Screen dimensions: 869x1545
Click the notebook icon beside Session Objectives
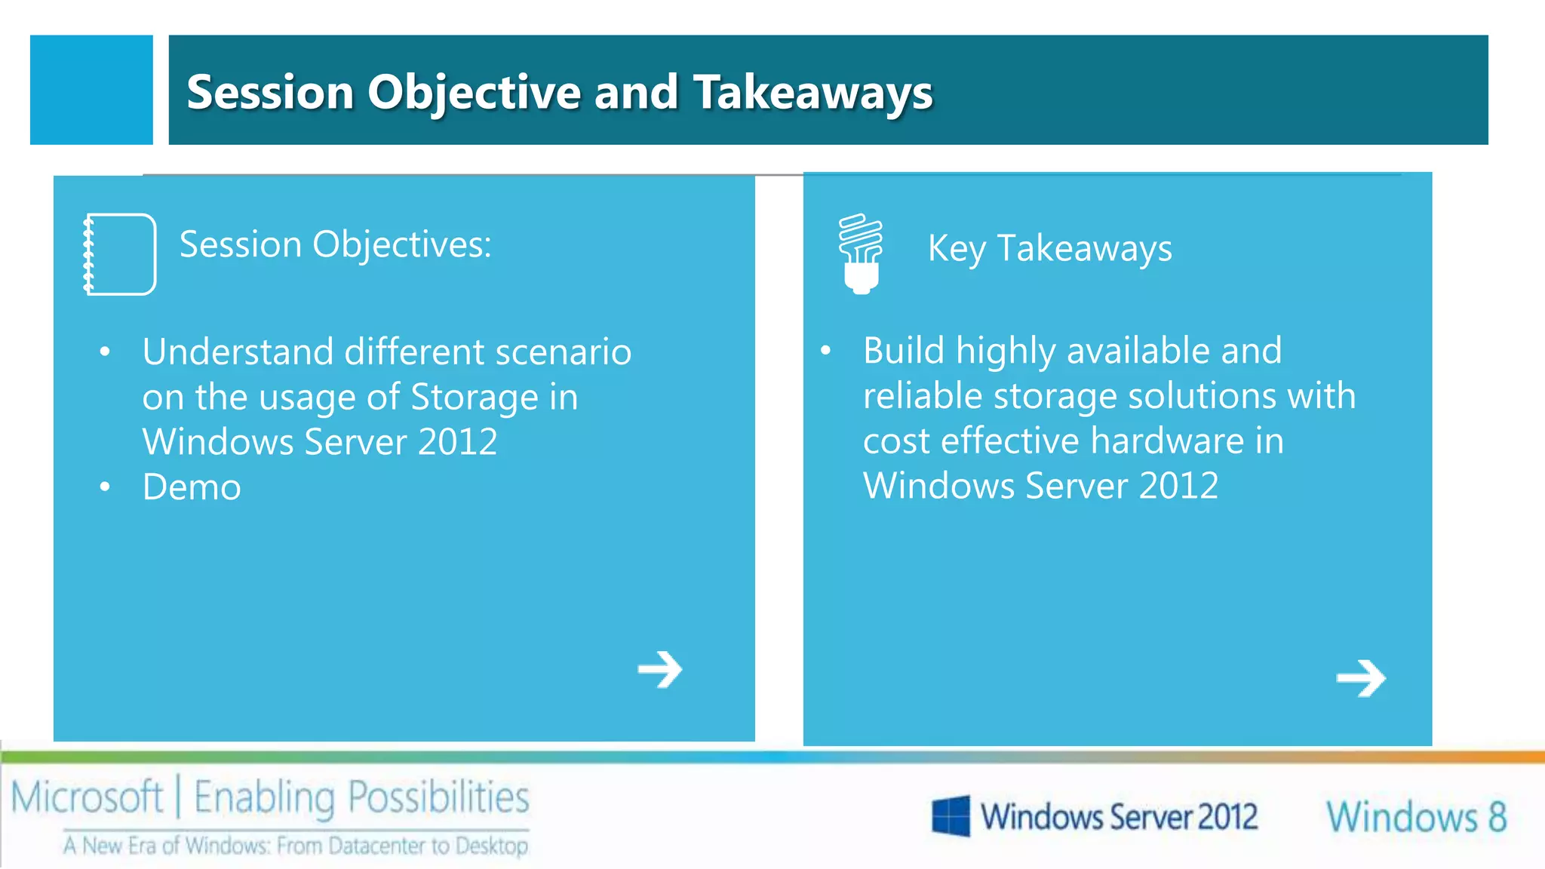(x=120, y=254)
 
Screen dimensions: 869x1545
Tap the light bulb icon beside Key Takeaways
(x=860, y=253)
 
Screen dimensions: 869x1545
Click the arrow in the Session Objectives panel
(x=660, y=669)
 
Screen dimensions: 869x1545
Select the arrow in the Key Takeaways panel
(x=1361, y=678)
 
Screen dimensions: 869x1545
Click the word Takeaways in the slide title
(x=812, y=92)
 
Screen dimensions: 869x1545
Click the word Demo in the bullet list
(x=192, y=487)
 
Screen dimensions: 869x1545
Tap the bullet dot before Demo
(x=105, y=487)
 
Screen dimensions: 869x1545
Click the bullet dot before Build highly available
(x=826, y=351)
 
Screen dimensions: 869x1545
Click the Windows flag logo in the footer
(x=951, y=816)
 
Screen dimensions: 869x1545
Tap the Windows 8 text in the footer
(x=1416, y=817)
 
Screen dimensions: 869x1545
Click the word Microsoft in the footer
(x=87, y=797)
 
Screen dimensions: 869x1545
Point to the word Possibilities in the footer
(x=438, y=797)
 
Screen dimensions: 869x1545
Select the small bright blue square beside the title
(x=91, y=90)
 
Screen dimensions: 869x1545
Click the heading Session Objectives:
(x=335, y=244)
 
